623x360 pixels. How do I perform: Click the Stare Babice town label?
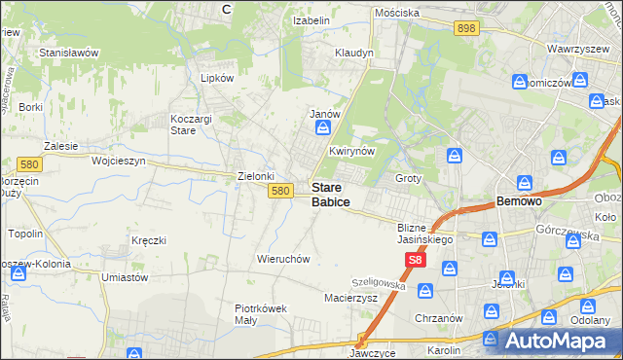pyautogui.click(x=331, y=195)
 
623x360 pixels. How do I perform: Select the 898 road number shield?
pyautogui.click(x=465, y=29)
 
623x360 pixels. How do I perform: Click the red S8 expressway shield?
pyautogui.click(x=416, y=260)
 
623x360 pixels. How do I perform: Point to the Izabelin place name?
pyautogui.click(x=311, y=20)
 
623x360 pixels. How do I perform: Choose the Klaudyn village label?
pyautogui.click(x=353, y=53)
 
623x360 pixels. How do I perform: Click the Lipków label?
pyautogui.click(x=217, y=78)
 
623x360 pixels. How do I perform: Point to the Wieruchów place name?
pyautogui.click(x=282, y=259)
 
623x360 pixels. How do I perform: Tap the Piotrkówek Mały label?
pyautogui.click(x=261, y=314)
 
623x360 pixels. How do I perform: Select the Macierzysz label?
pyautogui.click(x=350, y=297)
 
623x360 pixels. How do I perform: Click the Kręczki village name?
pyautogui.click(x=149, y=239)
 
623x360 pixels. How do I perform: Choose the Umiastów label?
pyautogui.click(x=124, y=277)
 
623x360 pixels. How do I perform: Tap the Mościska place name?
pyautogui.click(x=397, y=13)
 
